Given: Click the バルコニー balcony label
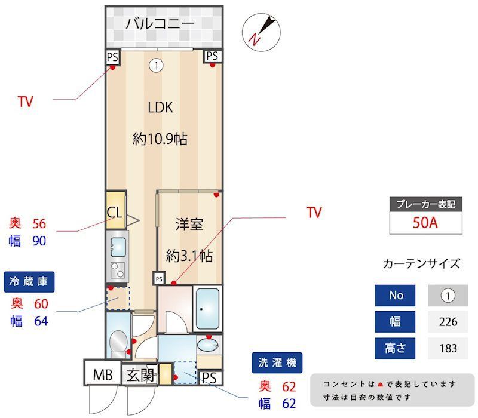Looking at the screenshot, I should click(x=160, y=24).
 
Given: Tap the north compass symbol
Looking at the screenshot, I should click(x=261, y=32).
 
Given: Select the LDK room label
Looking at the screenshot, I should click(x=160, y=107).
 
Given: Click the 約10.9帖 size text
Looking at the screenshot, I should click(x=160, y=139).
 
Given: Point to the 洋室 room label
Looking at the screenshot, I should click(x=189, y=225).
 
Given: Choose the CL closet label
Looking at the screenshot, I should click(x=115, y=212).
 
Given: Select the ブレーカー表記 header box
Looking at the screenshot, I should click(x=425, y=204).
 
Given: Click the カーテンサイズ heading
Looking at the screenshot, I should click(x=421, y=263).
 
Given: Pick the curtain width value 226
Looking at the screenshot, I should click(x=448, y=321).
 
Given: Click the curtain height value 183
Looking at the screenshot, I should click(x=448, y=348).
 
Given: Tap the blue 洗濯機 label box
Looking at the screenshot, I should click(x=277, y=362).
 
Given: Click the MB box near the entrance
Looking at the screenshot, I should click(x=102, y=375).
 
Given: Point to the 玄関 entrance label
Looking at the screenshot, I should click(x=140, y=375).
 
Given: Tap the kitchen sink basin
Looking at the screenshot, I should click(x=118, y=245).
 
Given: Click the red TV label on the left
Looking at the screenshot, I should click(x=25, y=102).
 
